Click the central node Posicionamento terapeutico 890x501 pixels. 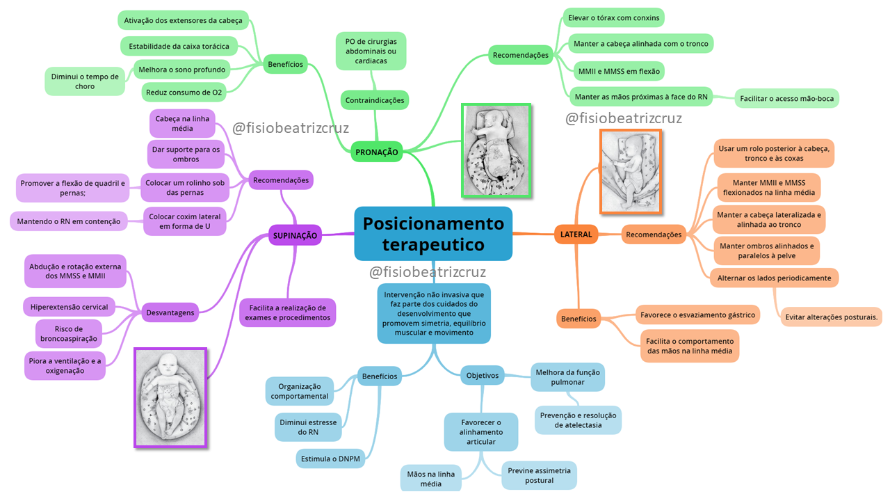pos(433,234)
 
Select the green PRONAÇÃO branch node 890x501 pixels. pos(377,152)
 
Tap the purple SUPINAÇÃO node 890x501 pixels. pos(296,235)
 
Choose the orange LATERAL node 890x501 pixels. pos(576,234)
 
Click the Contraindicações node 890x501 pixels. pos(375,100)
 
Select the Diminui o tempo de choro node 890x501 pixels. pos(85,81)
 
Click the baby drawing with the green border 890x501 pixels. pos(496,150)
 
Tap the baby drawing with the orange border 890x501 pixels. pos(631,171)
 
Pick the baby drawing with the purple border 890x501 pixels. pos(171,397)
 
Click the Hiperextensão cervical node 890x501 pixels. pos(70,307)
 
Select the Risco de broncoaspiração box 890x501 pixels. pos(70,334)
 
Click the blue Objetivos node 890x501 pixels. pos(483,375)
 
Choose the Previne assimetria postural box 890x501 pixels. pos(539,475)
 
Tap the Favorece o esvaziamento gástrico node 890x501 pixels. pos(698,315)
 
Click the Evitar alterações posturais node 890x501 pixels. pos(832,317)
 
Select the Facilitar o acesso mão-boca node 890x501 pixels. pos(787,98)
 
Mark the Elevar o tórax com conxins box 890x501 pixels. pos(613,17)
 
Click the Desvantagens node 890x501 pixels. pos(170,313)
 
